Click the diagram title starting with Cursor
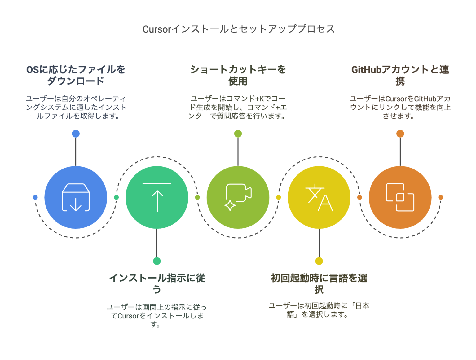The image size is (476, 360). click(238, 29)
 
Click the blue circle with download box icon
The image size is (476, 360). click(76, 197)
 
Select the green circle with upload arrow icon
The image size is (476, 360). click(157, 197)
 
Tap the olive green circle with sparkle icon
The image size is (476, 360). click(238, 197)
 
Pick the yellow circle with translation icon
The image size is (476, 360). click(319, 197)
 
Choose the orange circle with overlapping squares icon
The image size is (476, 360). click(400, 197)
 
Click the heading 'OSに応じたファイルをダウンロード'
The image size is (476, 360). click(76, 75)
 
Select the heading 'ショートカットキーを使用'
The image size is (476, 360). click(238, 75)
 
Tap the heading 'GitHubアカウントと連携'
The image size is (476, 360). click(400, 75)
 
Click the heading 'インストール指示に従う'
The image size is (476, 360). click(157, 283)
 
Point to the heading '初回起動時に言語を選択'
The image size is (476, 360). click(319, 283)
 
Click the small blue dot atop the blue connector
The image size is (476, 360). click(76, 134)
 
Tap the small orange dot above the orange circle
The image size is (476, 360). click(400, 134)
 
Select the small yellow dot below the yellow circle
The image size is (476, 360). click(319, 261)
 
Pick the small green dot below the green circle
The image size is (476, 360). click(157, 261)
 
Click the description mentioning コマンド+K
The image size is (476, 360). click(238, 107)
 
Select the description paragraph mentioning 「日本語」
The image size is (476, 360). click(319, 310)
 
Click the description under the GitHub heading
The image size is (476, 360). click(400, 107)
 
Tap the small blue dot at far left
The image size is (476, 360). click(35, 197)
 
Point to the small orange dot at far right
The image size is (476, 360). click(441, 197)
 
